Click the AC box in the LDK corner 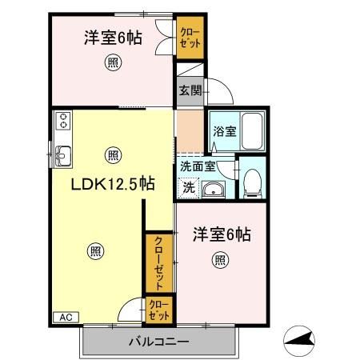click(66, 318)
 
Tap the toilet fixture click(252, 183)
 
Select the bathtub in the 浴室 click(252, 131)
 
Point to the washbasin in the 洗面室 click(214, 190)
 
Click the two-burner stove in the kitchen click(63, 121)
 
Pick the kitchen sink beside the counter click(62, 156)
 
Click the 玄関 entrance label click(190, 90)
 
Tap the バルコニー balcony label click(159, 341)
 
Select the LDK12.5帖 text click(113, 184)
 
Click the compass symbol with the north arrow click(299, 341)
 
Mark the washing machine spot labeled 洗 click(189, 188)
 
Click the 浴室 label click(225, 131)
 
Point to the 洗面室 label click(198, 166)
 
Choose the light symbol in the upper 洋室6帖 click(113, 62)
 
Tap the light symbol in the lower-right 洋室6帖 click(220, 260)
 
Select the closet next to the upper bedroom click(190, 38)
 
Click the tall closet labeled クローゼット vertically click(159, 263)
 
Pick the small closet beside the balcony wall click(159, 310)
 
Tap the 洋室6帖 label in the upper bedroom click(113, 38)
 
